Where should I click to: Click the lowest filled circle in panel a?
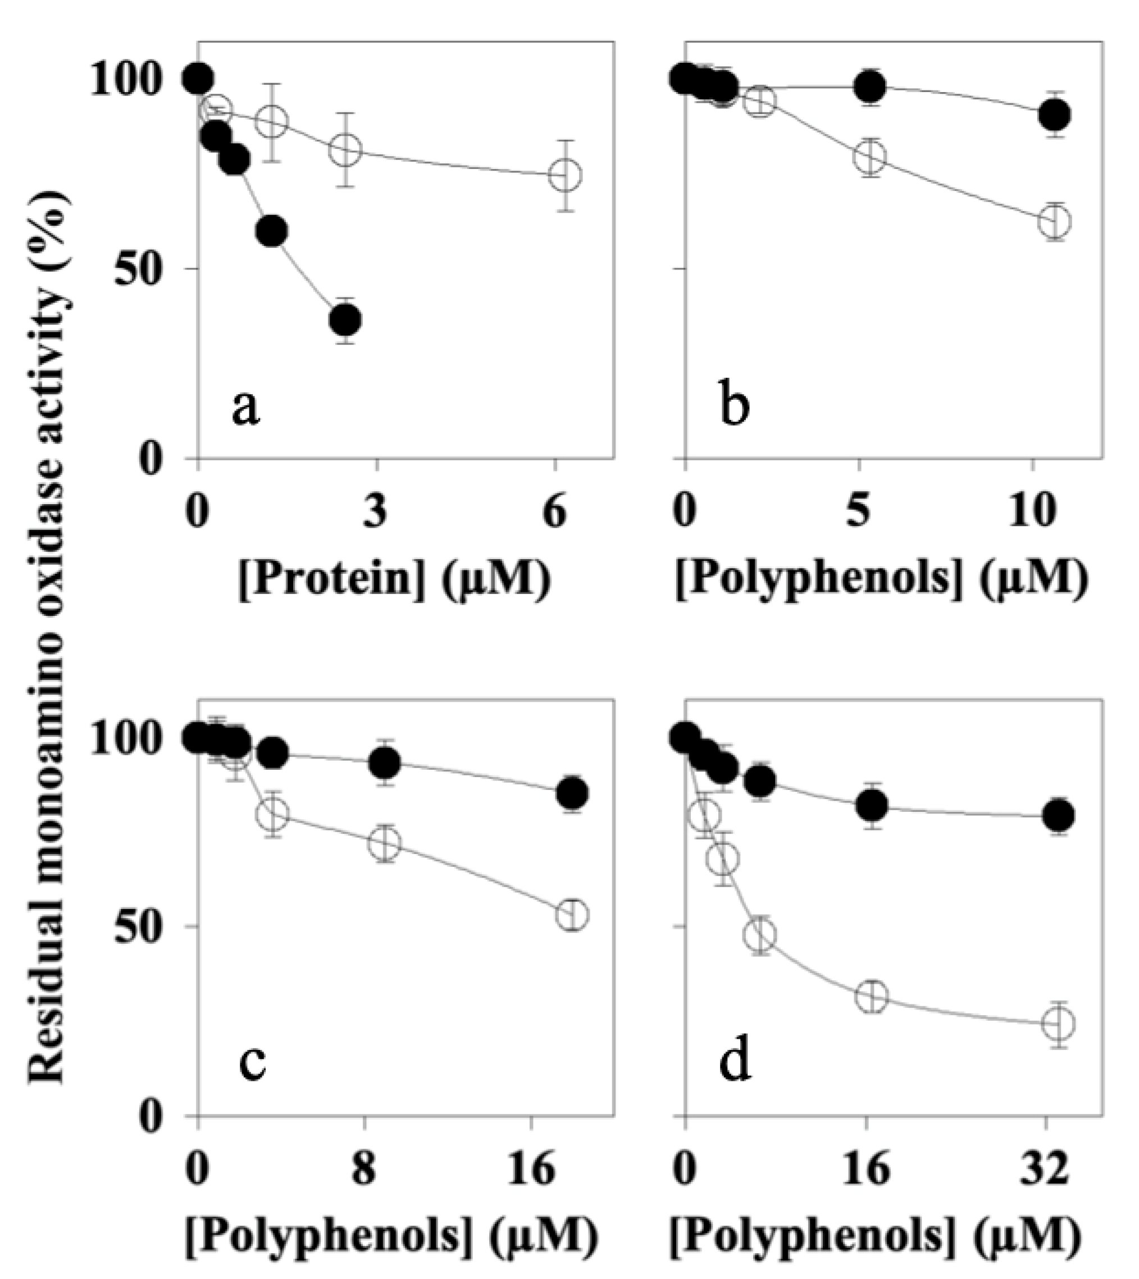[345, 320]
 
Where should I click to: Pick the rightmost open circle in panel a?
[564, 175]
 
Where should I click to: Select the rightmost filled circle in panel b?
[1054, 115]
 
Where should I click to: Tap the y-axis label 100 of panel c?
[125, 740]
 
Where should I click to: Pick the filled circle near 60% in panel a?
[272, 231]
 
